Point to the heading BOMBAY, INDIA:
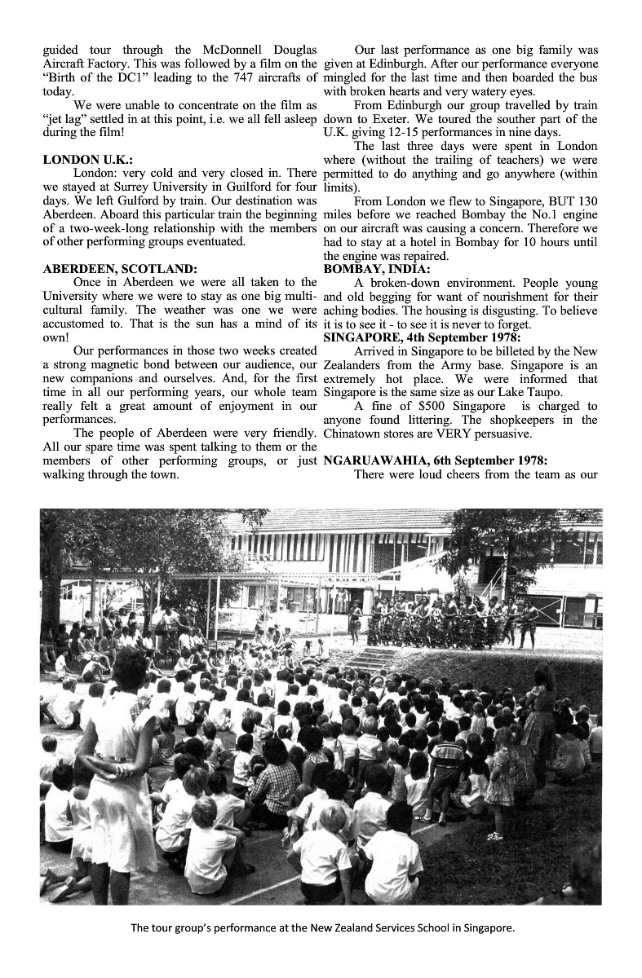coord(379,268)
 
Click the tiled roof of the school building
coord(359,520)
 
